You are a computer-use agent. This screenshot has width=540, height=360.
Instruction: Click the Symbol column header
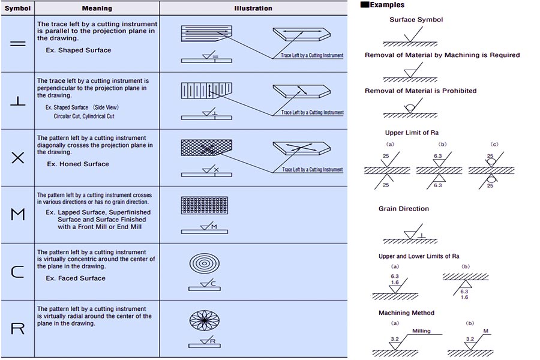tap(17, 8)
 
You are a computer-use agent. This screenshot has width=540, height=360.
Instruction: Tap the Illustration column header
tap(253, 8)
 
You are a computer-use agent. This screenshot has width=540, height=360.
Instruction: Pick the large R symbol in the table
tap(18, 328)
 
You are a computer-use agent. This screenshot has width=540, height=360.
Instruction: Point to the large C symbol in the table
tap(18, 271)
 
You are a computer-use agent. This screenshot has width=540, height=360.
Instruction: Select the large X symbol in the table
tap(18, 158)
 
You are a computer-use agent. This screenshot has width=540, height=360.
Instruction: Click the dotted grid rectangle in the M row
tap(206, 206)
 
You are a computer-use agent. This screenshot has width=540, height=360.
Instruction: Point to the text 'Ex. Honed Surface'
tap(78, 164)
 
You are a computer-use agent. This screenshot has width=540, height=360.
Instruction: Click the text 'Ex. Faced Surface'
tap(76, 278)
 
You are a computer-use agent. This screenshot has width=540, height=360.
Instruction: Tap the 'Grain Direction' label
tap(404, 209)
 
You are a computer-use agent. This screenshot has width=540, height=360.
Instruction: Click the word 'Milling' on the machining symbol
tap(421, 331)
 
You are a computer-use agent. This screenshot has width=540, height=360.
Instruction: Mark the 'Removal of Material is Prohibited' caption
tap(421, 91)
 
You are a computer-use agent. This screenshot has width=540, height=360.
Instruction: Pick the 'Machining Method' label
tap(406, 313)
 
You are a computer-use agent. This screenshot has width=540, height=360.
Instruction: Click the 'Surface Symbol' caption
tap(416, 19)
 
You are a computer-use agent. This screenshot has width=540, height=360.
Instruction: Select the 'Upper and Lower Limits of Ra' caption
tap(419, 256)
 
